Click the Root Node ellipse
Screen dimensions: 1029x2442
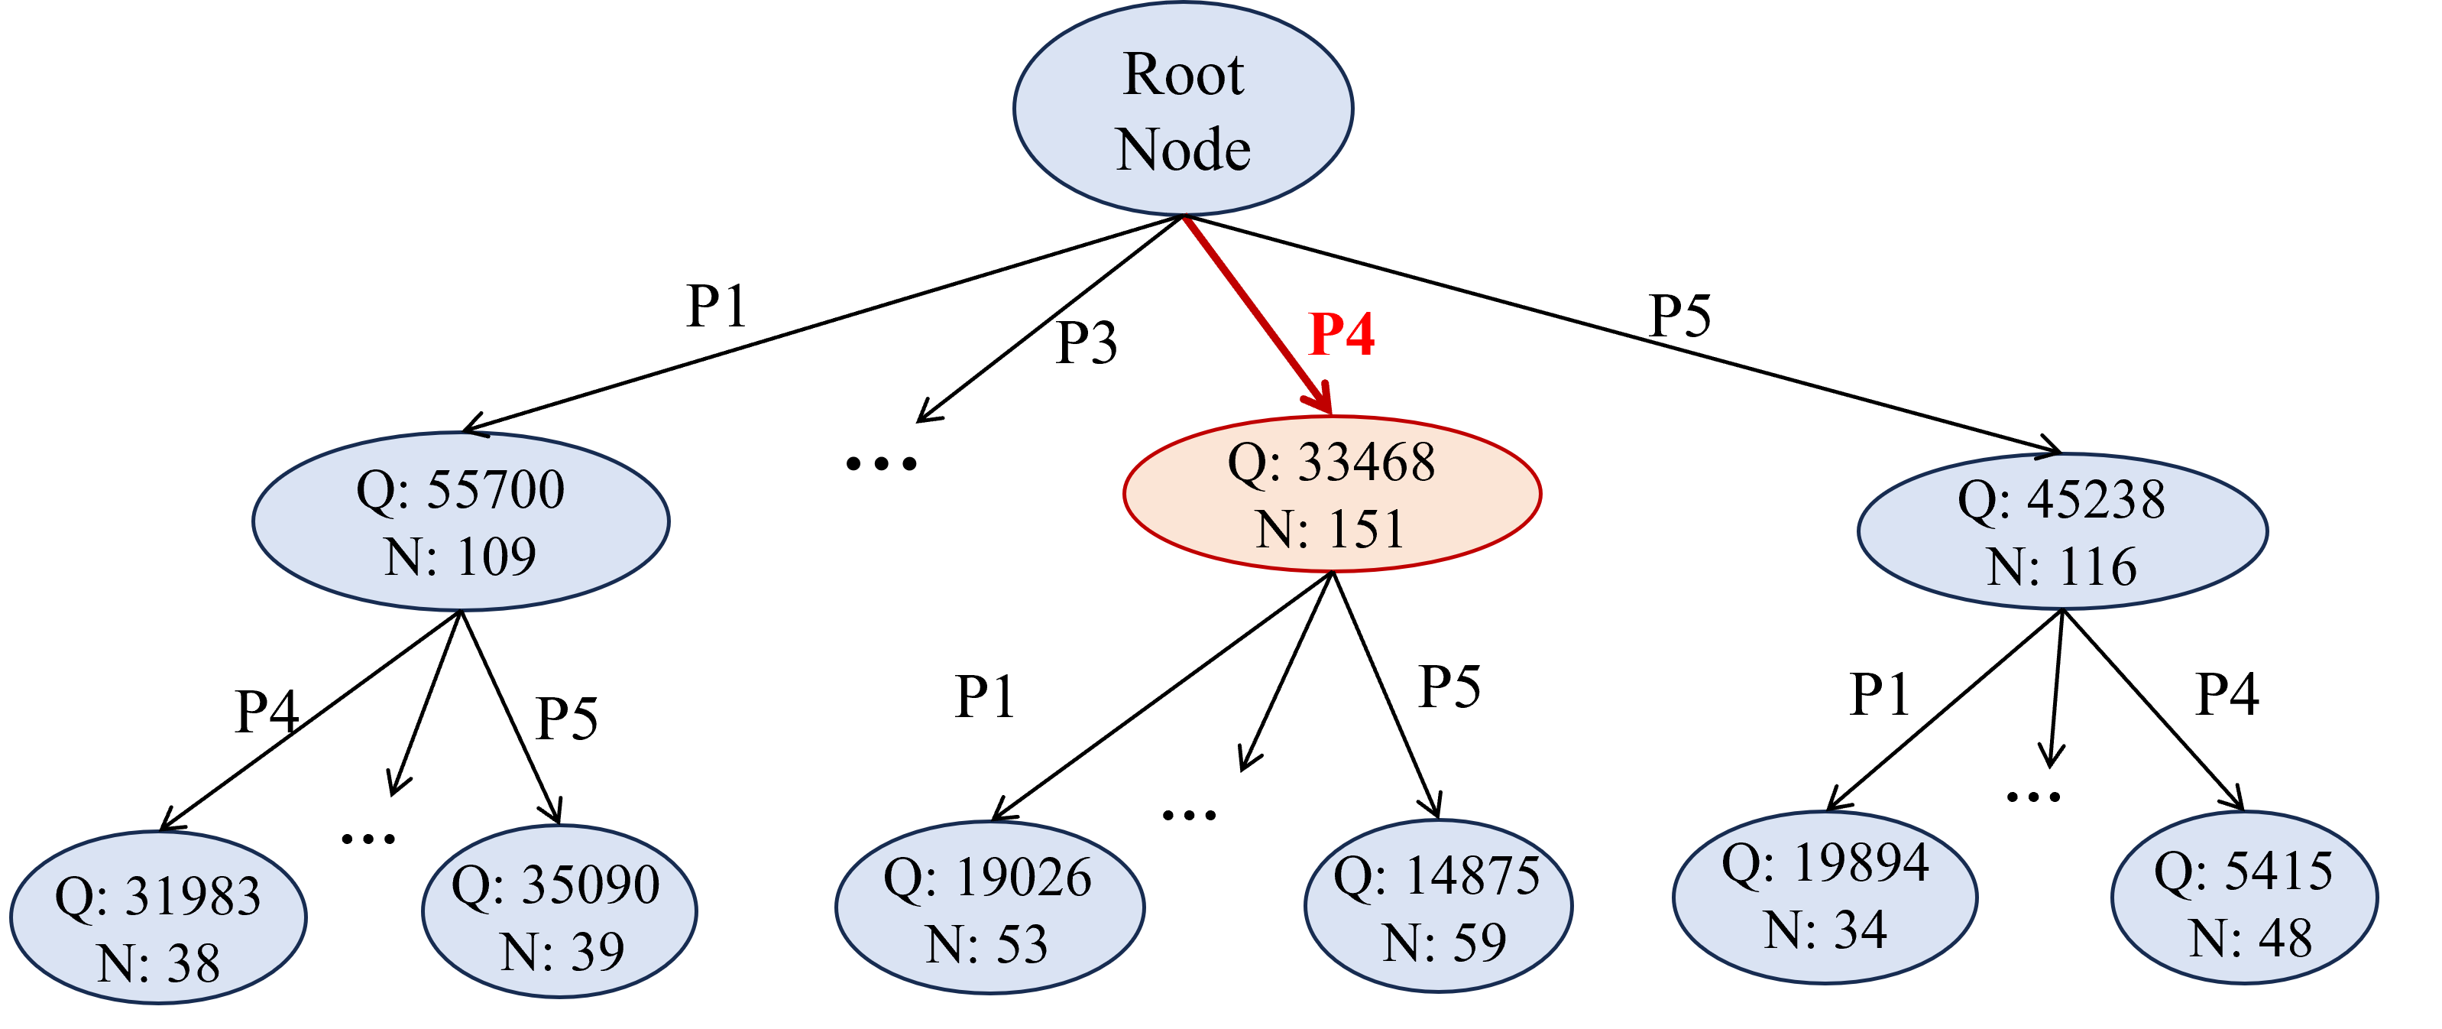coord(1183,109)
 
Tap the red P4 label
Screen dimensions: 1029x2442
coord(1342,334)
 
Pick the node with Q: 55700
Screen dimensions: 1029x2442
coord(461,521)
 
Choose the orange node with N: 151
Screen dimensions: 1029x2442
coord(1332,494)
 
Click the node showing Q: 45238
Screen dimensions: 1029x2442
coord(2061,531)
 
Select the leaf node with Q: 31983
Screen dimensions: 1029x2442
coord(158,918)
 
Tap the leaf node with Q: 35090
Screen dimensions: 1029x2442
coord(559,911)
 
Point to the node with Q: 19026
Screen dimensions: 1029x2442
coord(989,907)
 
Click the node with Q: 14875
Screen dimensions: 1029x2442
coord(1438,906)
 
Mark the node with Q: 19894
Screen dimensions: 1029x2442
coord(1825,898)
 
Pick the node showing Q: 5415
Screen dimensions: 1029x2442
coord(2245,899)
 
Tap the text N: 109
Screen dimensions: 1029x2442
coord(461,557)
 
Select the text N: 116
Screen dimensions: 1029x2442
coord(2061,567)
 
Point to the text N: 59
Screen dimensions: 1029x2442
coord(1444,943)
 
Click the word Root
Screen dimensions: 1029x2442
coord(1183,74)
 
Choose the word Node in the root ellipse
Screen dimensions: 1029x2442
coord(1183,150)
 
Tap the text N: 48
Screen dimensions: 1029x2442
coord(2250,939)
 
